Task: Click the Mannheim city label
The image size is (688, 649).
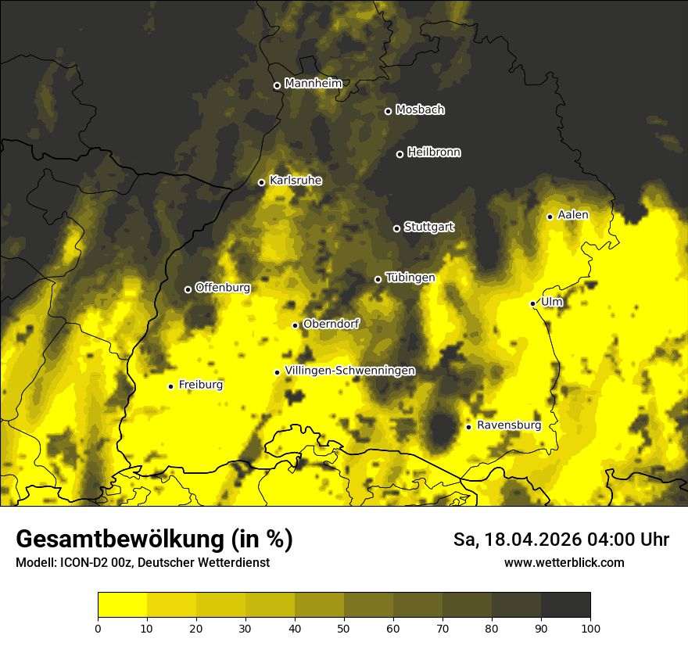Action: tap(314, 84)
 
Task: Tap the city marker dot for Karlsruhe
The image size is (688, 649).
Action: tap(262, 183)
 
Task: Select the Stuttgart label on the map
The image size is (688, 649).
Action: tap(429, 227)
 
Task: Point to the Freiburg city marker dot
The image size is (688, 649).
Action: tap(170, 386)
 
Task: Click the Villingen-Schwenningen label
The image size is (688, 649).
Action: tap(349, 371)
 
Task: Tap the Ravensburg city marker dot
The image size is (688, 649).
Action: tap(468, 427)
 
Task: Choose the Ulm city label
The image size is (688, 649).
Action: tap(551, 302)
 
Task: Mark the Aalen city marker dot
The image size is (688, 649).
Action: tap(550, 217)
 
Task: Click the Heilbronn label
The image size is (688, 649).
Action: tap(434, 152)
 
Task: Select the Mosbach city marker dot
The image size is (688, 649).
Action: tap(388, 111)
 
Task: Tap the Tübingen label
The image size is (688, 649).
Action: tap(410, 278)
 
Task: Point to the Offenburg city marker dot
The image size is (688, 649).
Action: tap(188, 289)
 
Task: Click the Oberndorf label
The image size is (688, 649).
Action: tap(331, 324)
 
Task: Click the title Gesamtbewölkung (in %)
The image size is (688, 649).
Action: tap(154, 540)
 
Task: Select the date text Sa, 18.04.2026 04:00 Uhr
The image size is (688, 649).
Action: tap(561, 540)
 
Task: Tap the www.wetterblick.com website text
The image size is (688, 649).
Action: tap(564, 562)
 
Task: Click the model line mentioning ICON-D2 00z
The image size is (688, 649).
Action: tap(142, 563)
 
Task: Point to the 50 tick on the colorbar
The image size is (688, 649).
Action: tap(344, 627)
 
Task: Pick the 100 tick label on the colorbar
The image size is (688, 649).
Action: tap(590, 627)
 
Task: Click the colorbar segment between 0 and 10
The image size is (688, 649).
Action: tap(122, 605)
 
